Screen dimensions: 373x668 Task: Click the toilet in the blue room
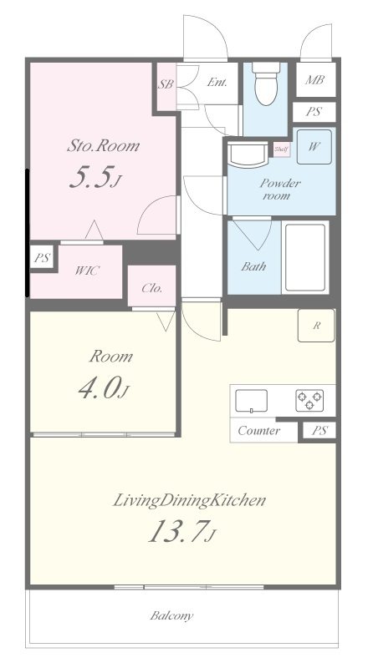[265, 83]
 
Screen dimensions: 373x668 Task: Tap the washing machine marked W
[314, 147]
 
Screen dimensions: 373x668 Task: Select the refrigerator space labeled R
[316, 326]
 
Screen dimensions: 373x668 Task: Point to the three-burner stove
[309, 401]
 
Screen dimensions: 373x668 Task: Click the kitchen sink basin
[252, 401]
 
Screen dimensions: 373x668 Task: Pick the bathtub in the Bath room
[305, 257]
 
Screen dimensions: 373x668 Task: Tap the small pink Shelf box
[282, 149]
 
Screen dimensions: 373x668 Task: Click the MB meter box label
[314, 79]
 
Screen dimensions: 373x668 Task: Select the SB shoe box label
[166, 84]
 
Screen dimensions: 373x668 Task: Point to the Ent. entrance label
[217, 82]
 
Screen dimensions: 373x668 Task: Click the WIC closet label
[87, 270]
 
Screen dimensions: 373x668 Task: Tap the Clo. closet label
[152, 288]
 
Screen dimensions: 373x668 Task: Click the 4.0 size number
[99, 388]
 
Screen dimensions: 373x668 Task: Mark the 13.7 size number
[176, 531]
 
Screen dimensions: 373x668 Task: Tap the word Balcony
[171, 616]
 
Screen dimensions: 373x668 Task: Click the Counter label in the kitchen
[259, 431]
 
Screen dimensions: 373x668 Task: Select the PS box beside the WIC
[42, 258]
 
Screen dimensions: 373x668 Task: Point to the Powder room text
[280, 190]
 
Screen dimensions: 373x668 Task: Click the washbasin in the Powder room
[247, 154]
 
